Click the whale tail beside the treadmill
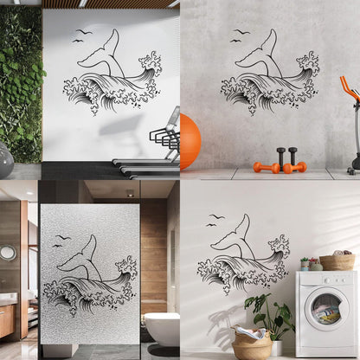click(x=101, y=57)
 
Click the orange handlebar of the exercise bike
click(x=349, y=90)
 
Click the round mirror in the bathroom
click(x=8, y=253)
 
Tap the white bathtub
click(x=161, y=328)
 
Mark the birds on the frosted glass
click(x=59, y=241)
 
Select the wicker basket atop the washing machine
click(x=337, y=261)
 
